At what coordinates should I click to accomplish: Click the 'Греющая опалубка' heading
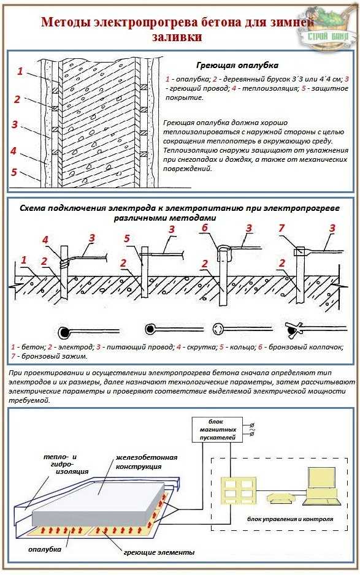(237, 66)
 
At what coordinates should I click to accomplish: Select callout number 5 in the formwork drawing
(14, 172)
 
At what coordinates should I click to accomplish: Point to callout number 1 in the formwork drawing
(20, 70)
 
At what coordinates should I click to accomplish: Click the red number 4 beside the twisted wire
(45, 240)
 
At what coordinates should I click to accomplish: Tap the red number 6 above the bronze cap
(205, 227)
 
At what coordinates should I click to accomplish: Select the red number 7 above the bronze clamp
(281, 227)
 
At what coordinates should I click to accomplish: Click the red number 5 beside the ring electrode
(127, 238)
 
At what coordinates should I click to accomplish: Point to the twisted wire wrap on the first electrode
(64, 263)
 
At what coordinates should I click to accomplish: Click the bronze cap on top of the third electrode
(223, 253)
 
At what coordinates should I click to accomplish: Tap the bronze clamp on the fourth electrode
(300, 252)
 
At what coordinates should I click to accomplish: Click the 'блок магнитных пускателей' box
(217, 430)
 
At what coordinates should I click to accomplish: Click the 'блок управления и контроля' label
(290, 519)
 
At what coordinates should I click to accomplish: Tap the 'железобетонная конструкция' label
(147, 462)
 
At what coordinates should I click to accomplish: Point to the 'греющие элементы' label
(159, 552)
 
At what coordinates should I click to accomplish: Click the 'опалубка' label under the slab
(44, 549)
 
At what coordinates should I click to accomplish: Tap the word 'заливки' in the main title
(177, 37)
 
